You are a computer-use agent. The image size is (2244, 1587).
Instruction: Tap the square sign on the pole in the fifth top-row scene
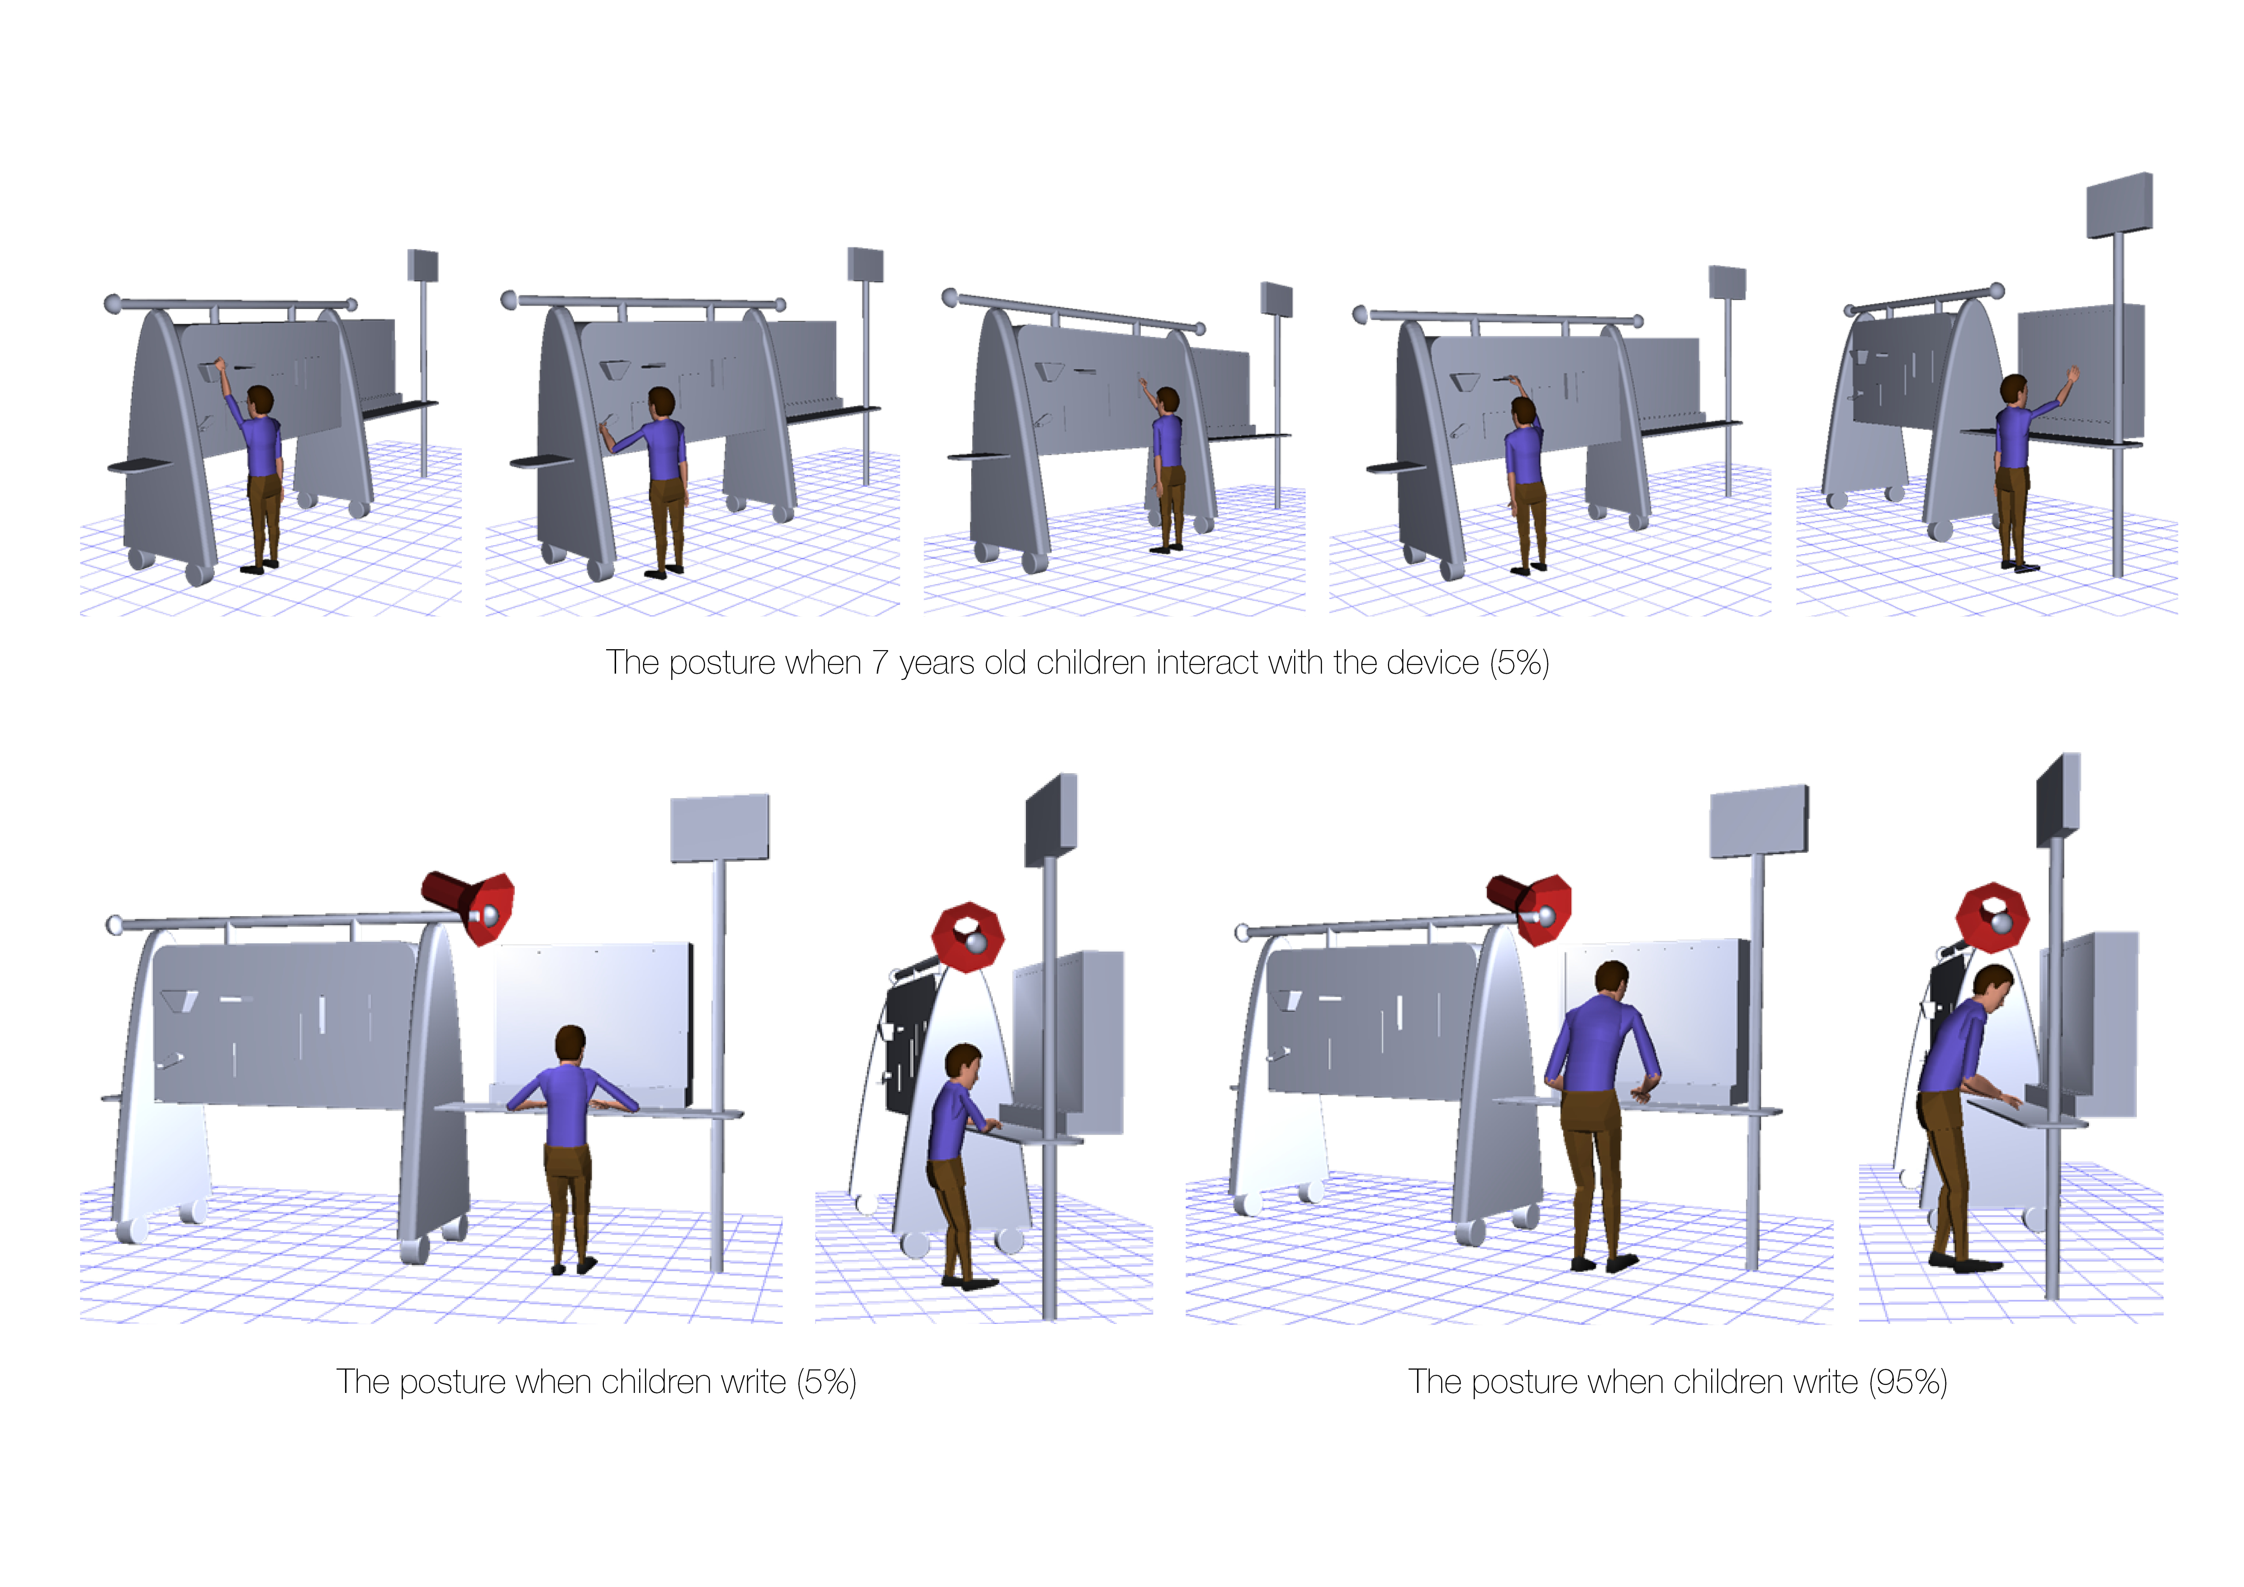pyautogui.click(x=2119, y=205)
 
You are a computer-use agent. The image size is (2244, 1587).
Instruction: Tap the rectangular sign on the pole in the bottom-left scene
pyautogui.click(x=719, y=829)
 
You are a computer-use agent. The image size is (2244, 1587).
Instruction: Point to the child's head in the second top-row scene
pyautogui.click(x=662, y=403)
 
